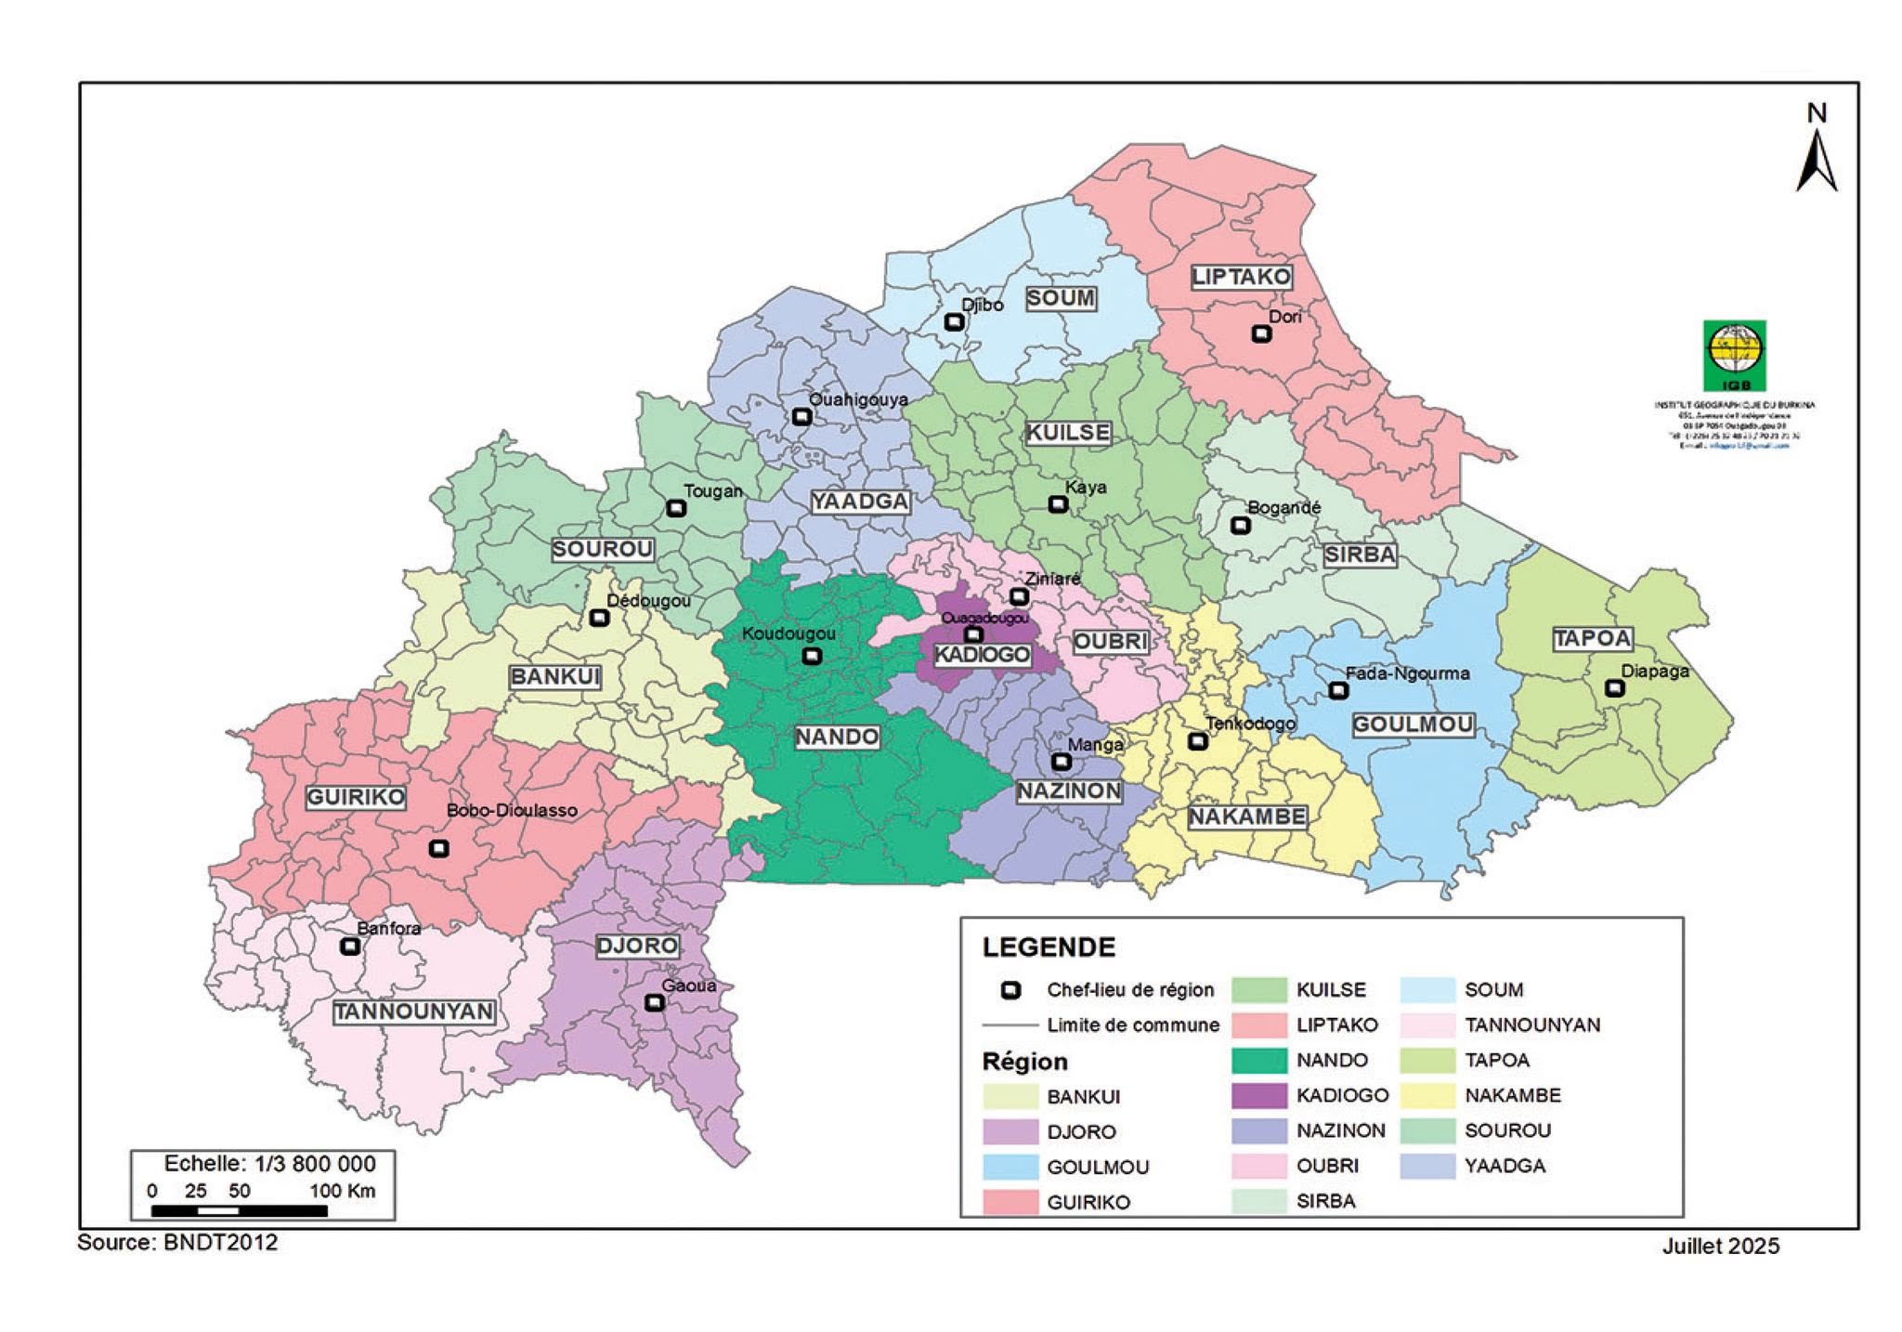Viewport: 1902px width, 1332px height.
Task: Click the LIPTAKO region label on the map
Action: [1241, 277]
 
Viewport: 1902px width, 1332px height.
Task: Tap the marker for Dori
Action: [1260, 334]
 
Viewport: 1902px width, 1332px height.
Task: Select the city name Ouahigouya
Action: [857, 399]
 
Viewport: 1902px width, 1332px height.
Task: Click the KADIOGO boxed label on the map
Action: [982, 655]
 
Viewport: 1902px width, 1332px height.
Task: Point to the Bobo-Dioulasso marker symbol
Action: [439, 848]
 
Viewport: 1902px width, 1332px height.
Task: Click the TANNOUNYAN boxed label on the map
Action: [413, 1012]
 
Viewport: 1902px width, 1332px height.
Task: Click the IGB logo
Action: [1734, 356]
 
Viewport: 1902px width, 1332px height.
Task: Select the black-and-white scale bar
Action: [239, 1210]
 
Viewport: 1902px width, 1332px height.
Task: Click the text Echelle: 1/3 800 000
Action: [269, 1164]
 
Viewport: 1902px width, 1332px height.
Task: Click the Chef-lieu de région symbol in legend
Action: [1011, 990]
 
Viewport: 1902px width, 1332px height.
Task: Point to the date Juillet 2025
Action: [1720, 1247]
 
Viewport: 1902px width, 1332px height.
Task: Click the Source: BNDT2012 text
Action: [177, 1243]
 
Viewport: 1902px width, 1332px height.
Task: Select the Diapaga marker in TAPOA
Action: [1614, 688]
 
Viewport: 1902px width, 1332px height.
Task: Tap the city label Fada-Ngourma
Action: [1407, 673]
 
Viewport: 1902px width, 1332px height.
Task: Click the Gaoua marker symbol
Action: [654, 1003]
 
